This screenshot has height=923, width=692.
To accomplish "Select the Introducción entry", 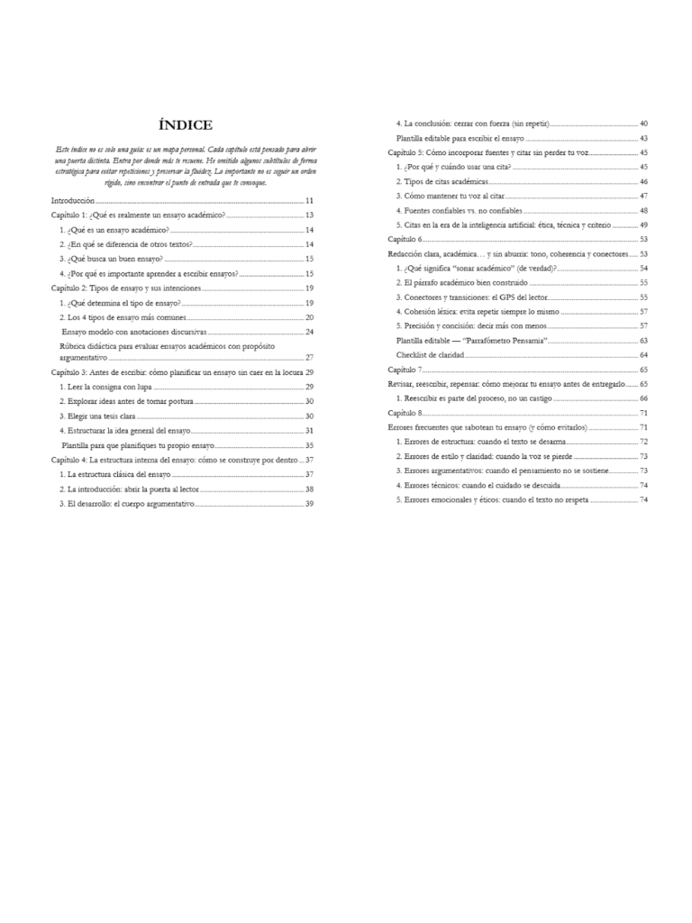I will [73, 201].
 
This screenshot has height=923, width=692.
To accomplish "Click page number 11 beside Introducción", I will [309, 201].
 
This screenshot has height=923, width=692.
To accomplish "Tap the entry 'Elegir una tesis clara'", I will [96, 416].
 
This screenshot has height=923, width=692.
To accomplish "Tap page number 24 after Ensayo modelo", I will [309, 332].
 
